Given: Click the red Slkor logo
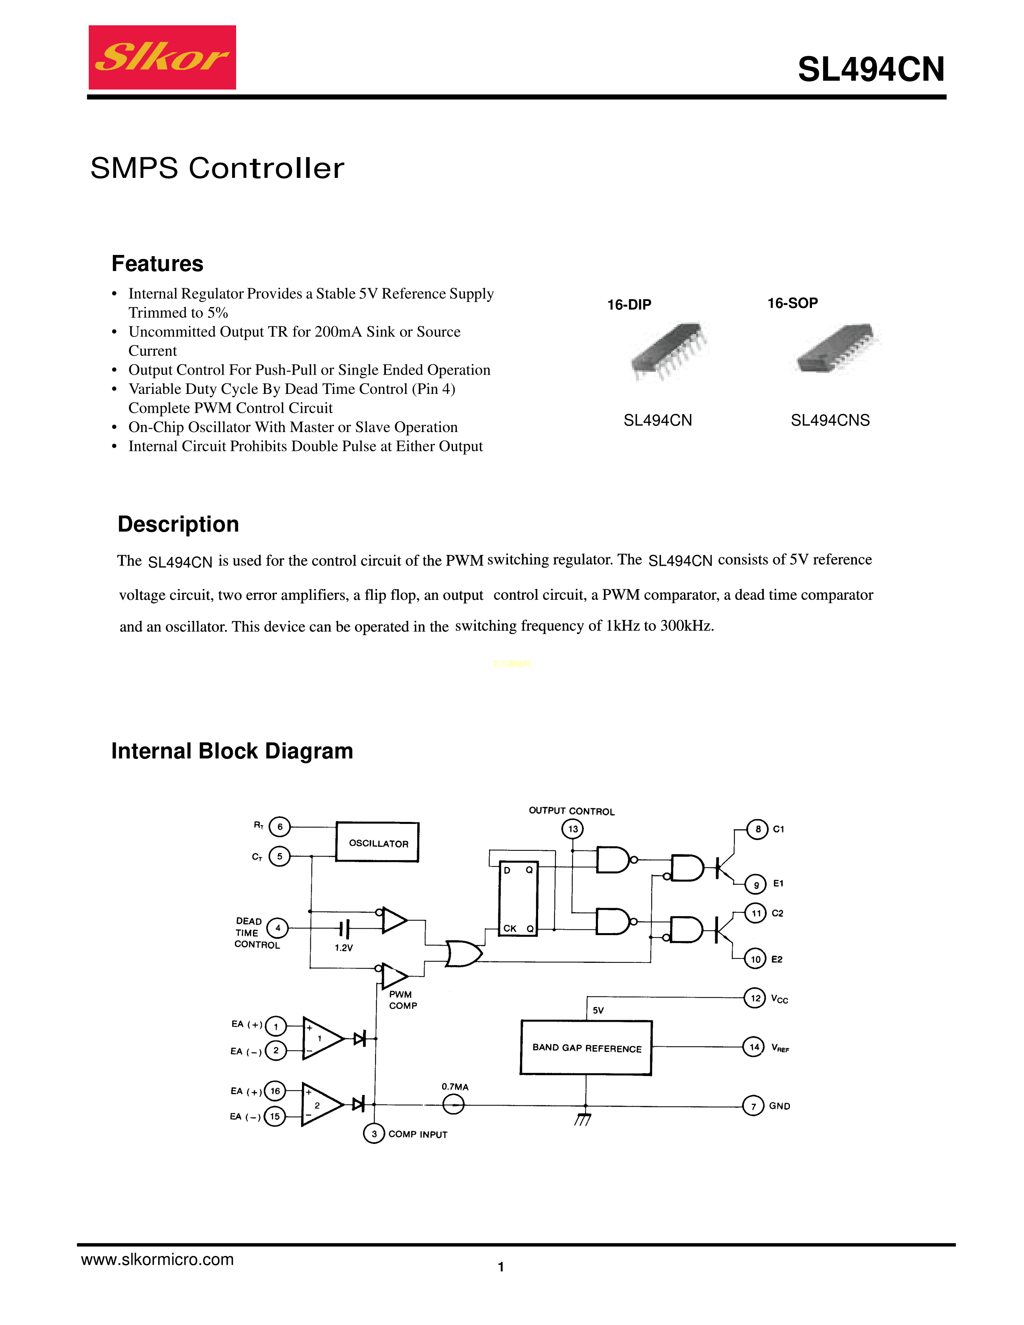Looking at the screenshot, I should [162, 58].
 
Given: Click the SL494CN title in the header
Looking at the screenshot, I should [871, 69].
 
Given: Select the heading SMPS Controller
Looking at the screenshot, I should [217, 168].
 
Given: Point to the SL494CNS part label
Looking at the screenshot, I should [830, 420].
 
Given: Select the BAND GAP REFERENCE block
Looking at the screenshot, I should [586, 1048].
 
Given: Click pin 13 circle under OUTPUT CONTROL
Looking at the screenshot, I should [573, 829].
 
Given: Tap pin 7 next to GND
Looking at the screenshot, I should [753, 1106].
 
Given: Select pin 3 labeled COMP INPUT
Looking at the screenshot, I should [374, 1133].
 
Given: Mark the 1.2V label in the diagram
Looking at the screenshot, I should [343, 948].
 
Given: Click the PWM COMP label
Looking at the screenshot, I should [402, 1000].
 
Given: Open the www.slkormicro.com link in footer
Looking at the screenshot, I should [157, 1260].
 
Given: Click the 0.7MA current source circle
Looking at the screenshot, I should [453, 1105].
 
